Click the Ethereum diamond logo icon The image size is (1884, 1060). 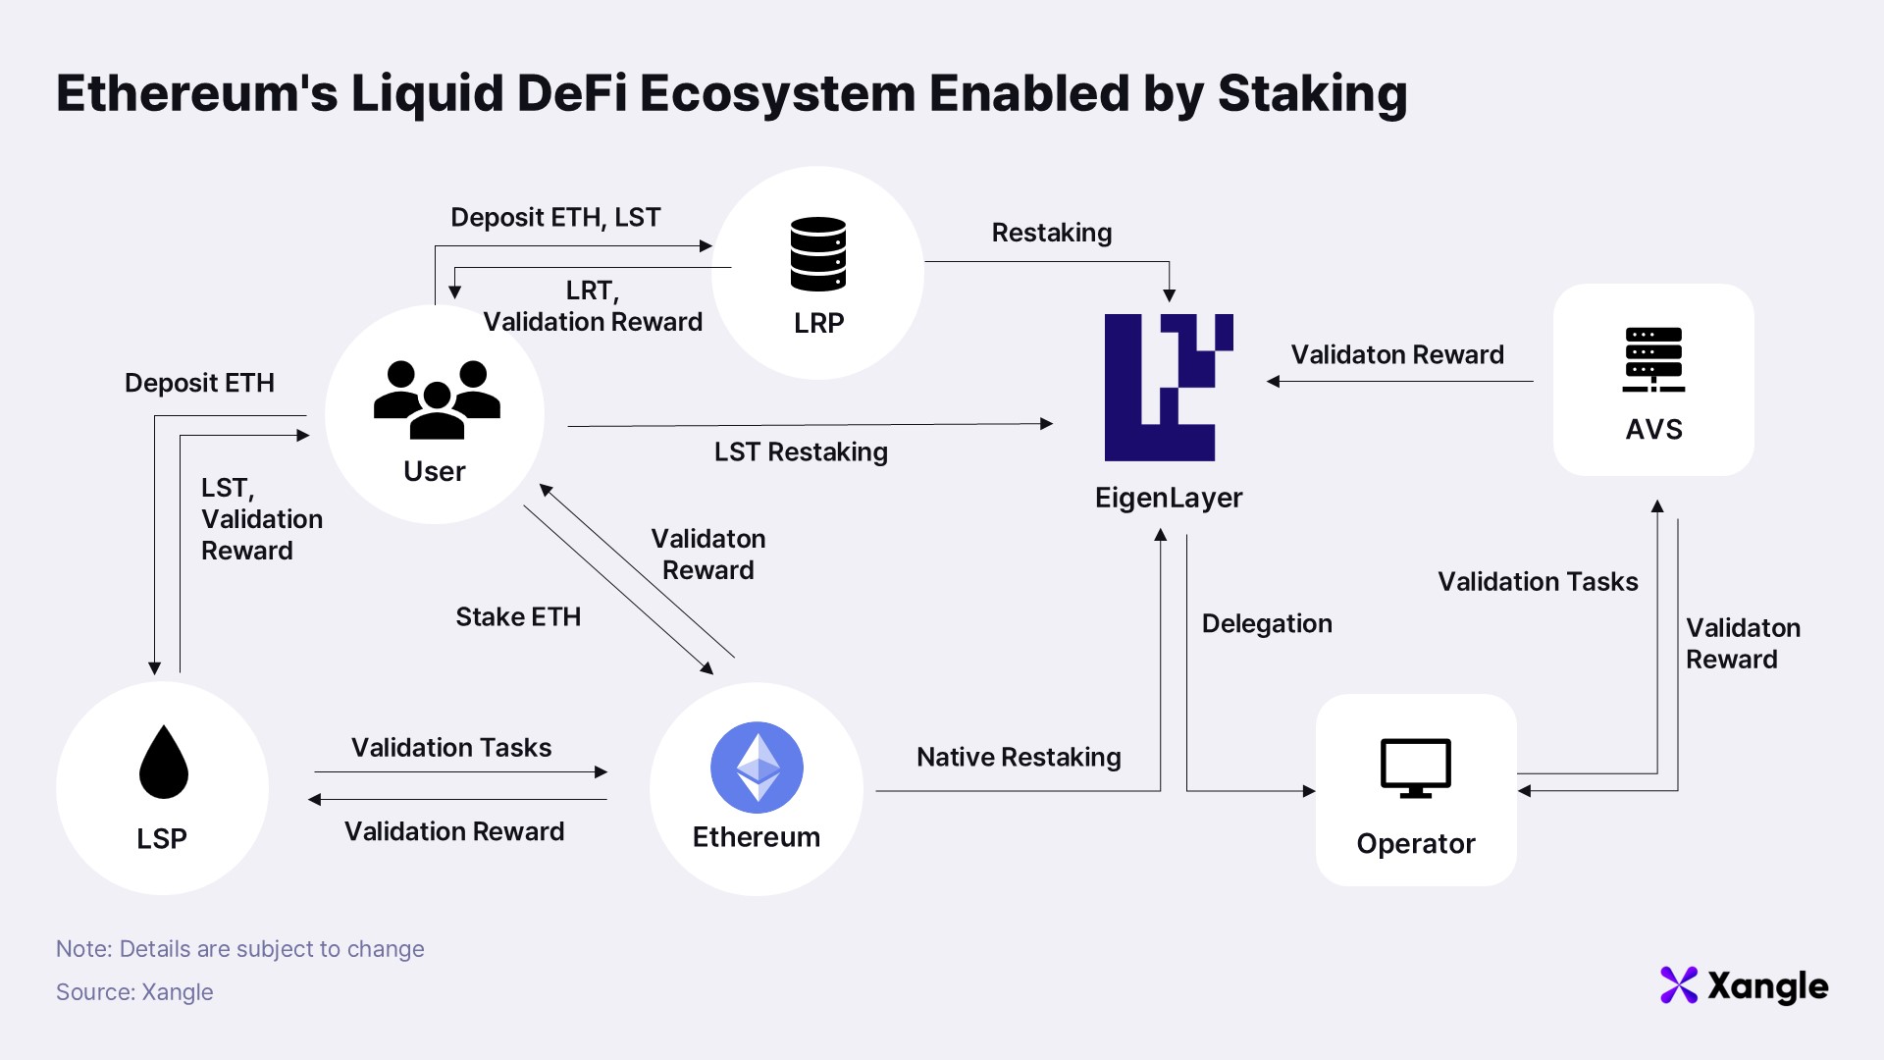tap(757, 768)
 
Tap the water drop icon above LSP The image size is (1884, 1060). tap(163, 763)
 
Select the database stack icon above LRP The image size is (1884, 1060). tap(818, 254)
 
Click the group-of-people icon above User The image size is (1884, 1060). tap(437, 398)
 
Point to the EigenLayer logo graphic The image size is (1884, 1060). tap(1168, 388)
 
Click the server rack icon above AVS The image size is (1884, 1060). tap(1653, 359)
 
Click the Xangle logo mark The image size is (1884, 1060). tap(1678, 985)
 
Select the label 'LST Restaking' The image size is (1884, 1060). tap(801, 451)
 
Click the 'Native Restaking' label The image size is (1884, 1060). tap(1019, 757)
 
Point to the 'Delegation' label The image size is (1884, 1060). tap(1267, 623)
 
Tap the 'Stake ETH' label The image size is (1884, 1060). tap(518, 616)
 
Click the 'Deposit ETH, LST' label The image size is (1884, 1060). tap(555, 217)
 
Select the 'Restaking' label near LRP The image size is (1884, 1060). tap(1052, 233)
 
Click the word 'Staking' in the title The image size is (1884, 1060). tap(1312, 94)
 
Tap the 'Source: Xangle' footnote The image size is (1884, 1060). tap(134, 991)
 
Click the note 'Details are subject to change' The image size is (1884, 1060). tap(272, 949)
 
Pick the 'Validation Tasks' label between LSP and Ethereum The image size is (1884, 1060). tap(451, 748)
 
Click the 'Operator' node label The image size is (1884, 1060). tap(1415, 843)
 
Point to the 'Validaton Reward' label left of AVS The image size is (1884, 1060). tap(1397, 354)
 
